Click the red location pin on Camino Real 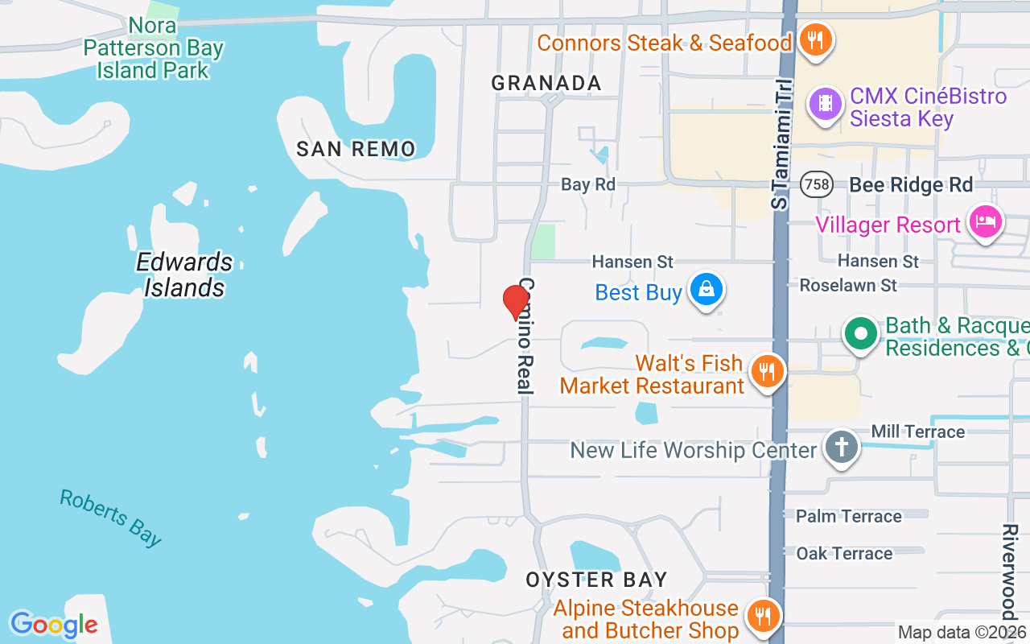[x=516, y=302]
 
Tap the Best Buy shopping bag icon [x=707, y=290]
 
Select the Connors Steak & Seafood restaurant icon [x=816, y=39]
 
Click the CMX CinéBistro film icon [x=825, y=103]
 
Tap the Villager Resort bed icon [x=985, y=221]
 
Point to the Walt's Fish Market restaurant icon [x=767, y=371]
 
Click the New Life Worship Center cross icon [x=842, y=447]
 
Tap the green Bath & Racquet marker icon [x=861, y=333]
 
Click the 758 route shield [x=816, y=184]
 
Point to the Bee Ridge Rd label [x=911, y=184]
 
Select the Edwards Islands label [x=184, y=275]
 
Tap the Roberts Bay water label [x=111, y=517]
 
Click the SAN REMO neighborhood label [x=356, y=148]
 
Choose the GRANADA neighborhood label [x=546, y=83]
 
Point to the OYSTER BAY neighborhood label [x=596, y=580]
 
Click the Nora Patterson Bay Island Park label [x=153, y=47]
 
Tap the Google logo [x=54, y=625]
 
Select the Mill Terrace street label [x=917, y=431]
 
